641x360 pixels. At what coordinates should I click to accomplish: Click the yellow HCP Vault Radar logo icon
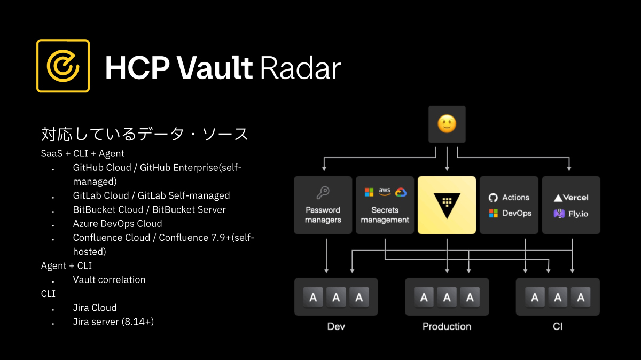[63, 66]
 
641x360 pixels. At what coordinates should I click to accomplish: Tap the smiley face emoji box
[447, 124]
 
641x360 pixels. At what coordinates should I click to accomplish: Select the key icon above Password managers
[323, 193]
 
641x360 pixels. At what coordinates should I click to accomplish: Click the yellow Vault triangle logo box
[447, 205]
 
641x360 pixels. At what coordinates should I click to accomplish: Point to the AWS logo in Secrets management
[385, 191]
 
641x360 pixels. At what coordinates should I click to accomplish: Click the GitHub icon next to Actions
[493, 198]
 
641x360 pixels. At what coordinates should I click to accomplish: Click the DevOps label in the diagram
[517, 213]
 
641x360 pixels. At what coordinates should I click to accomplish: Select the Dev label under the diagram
[336, 326]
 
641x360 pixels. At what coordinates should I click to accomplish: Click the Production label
[447, 326]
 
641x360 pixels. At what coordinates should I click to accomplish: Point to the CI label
[558, 326]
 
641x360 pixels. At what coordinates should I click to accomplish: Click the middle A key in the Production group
[447, 297]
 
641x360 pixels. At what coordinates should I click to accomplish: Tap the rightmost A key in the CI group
[580, 297]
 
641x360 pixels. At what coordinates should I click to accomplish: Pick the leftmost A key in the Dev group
[313, 297]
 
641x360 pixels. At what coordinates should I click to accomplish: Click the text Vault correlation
[109, 279]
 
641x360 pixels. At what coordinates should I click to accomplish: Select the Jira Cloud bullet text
[95, 308]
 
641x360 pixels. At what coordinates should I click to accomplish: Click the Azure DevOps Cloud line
[118, 223]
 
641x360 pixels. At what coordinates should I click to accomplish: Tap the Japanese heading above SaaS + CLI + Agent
[145, 134]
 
